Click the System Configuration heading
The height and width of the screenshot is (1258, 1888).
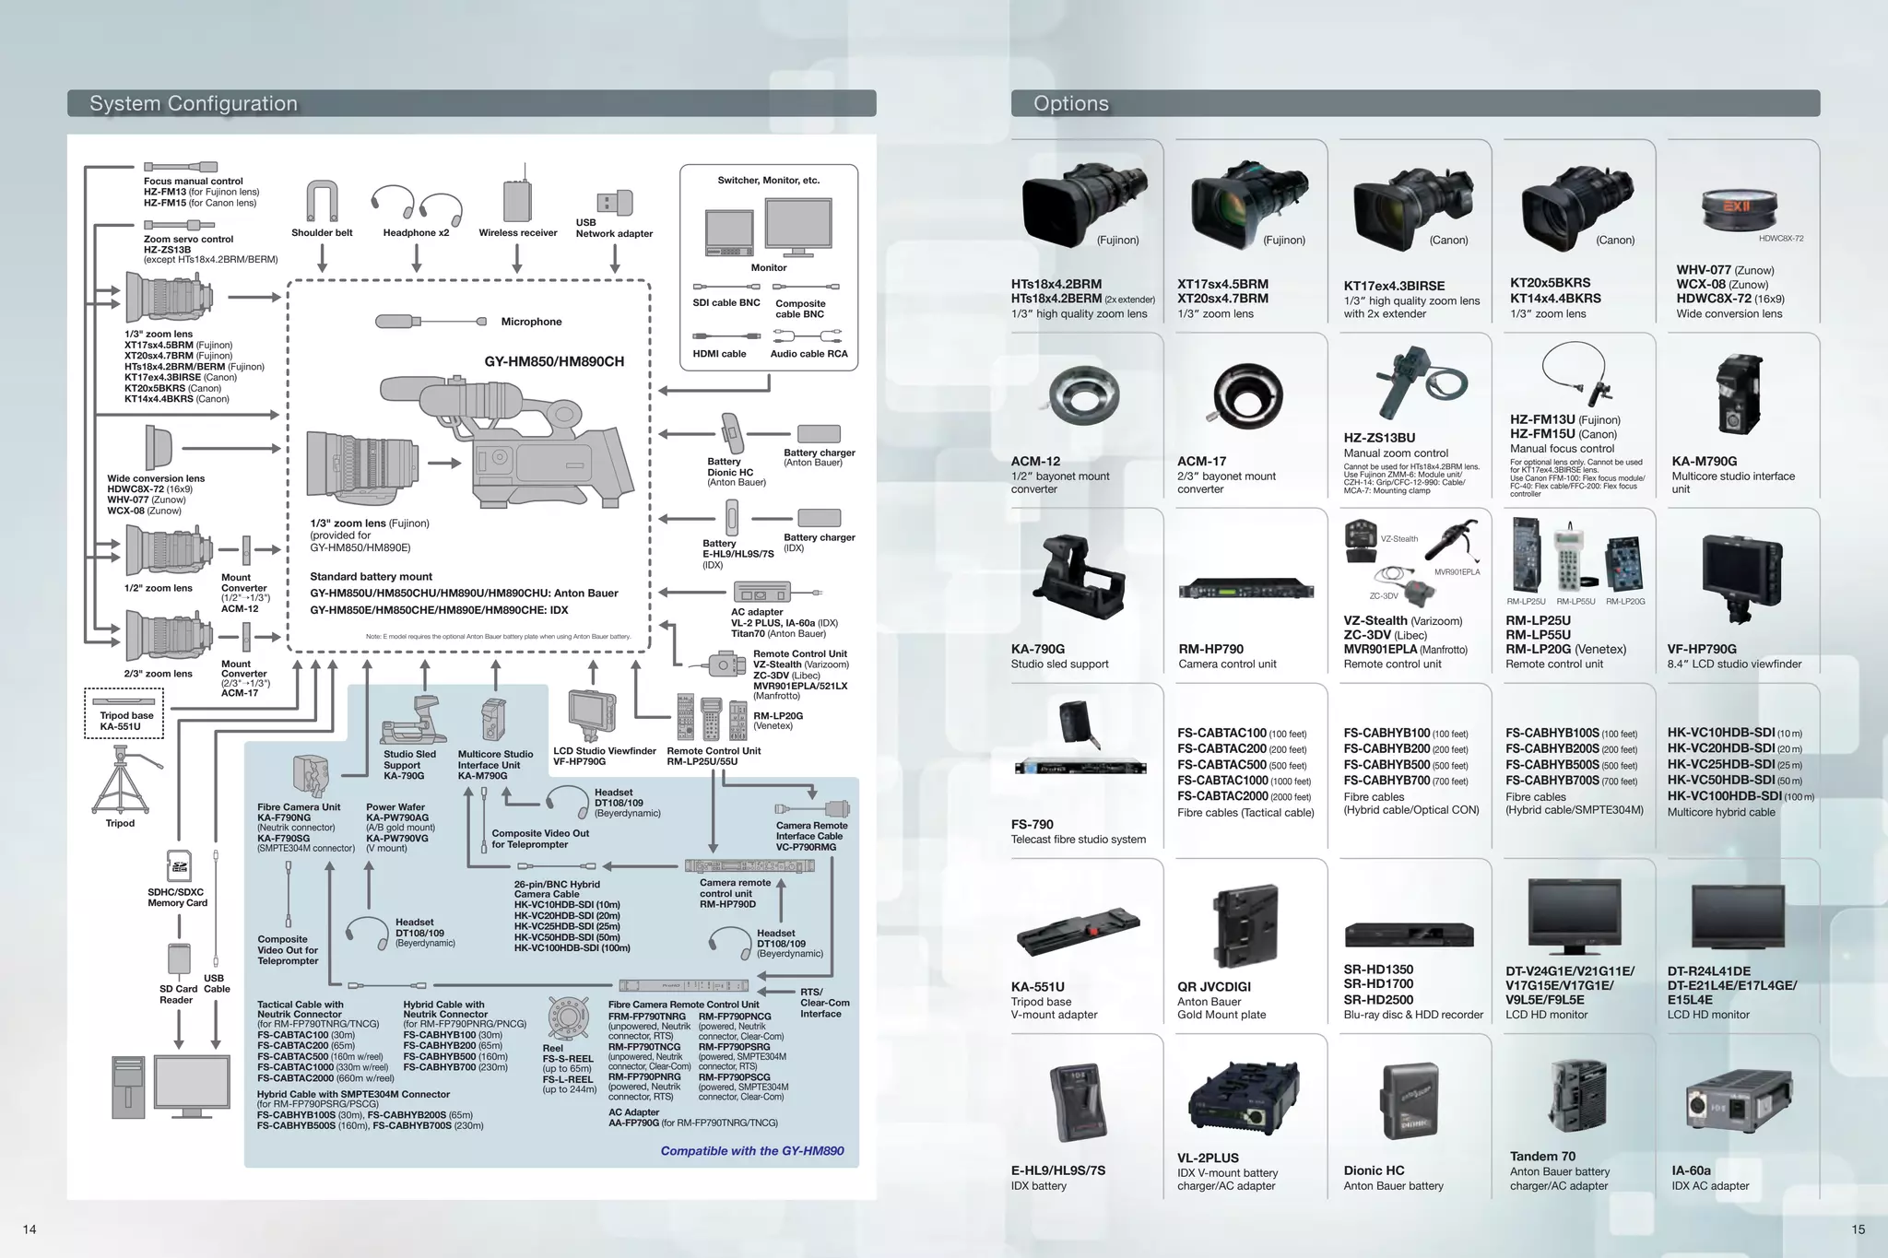click(x=194, y=103)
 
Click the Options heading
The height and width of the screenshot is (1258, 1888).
click(x=1071, y=103)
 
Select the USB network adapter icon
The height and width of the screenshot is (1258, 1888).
click(x=615, y=202)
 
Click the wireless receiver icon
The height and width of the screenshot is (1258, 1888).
click(x=517, y=198)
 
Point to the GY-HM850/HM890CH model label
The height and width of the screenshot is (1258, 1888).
click(x=554, y=361)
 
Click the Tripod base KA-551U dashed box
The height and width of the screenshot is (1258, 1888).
click(x=124, y=714)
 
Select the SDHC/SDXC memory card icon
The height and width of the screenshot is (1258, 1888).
click(x=178, y=866)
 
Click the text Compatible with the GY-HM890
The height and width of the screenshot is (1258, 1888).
click(x=751, y=1150)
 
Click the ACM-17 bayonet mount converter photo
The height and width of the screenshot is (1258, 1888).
click(x=1247, y=397)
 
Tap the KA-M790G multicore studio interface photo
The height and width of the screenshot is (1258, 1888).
click(x=1739, y=395)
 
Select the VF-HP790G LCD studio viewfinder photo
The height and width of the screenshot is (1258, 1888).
click(x=1741, y=577)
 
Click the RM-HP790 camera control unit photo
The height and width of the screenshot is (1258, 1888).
click(x=1245, y=588)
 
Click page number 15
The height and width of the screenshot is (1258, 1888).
click(x=1858, y=1229)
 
